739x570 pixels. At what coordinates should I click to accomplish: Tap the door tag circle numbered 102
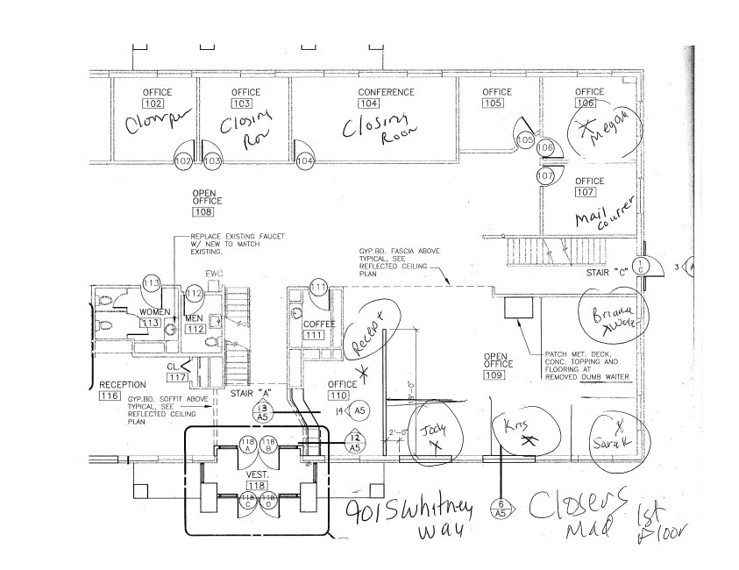[184, 162]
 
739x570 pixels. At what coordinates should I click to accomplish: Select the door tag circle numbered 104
[305, 162]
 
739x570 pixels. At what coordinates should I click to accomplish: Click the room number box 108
[203, 211]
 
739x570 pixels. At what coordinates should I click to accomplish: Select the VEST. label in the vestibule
[256, 473]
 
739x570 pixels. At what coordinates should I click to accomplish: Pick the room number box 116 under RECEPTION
[110, 396]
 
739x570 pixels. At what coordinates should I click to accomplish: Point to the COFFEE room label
[320, 324]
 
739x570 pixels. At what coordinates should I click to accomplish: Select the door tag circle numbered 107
[545, 176]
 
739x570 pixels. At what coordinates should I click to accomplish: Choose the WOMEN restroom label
[155, 312]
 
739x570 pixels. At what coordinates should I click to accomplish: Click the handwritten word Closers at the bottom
[579, 501]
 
